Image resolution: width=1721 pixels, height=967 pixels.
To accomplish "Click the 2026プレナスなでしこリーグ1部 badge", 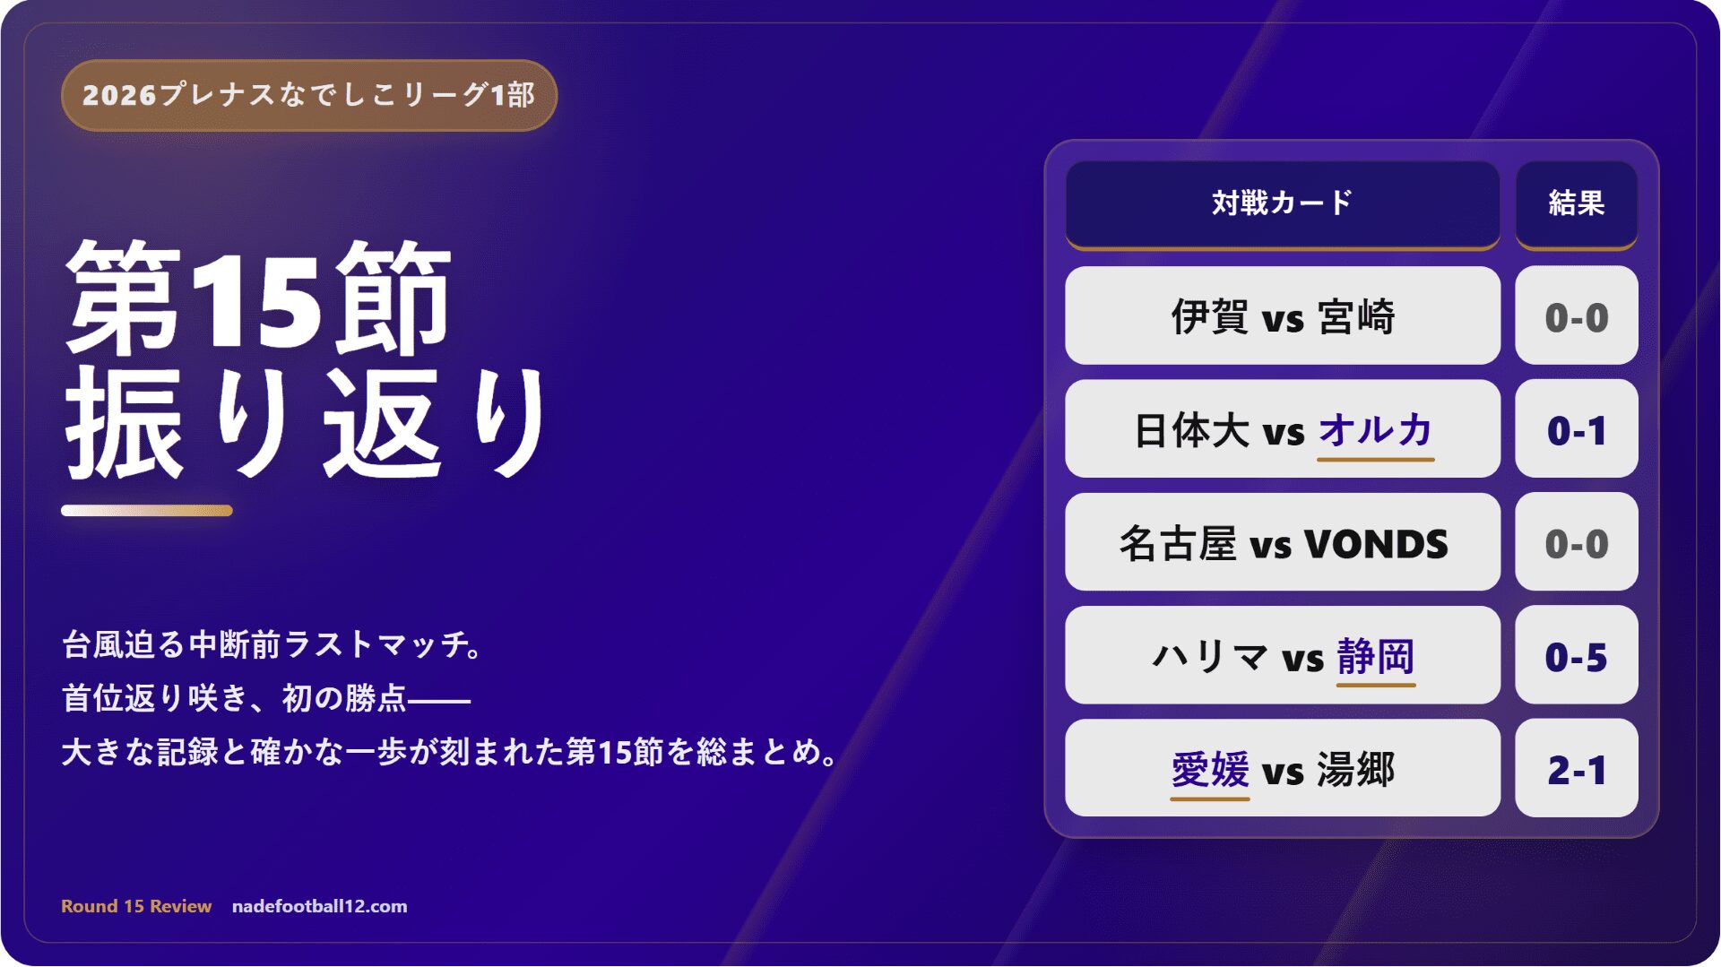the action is pos(309,95).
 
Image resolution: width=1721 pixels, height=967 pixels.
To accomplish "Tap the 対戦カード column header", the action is pos(1282,203).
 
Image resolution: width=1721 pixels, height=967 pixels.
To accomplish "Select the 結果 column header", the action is pos(1576,203).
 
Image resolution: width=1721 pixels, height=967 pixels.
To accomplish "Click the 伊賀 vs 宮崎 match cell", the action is pos(1282,315).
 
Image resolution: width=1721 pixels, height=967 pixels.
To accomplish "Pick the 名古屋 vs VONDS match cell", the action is pos(1282,542).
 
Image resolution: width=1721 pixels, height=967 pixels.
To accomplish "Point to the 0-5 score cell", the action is pos(1576,655).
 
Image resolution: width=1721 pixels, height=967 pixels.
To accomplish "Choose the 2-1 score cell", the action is pos(1576,768).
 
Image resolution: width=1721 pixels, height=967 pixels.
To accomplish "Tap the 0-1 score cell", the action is pos(1576,429).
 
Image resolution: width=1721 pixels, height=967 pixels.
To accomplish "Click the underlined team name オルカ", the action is pos(1375,430).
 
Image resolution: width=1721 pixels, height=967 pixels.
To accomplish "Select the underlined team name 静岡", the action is pos(1375,656).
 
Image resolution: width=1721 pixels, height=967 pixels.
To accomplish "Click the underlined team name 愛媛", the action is pos(1209,769).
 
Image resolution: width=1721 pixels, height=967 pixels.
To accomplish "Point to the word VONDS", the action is pos(1375,544).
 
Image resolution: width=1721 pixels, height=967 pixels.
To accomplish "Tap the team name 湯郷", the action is pos(1355,769).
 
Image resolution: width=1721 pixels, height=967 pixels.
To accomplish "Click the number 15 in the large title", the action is pos(256,299).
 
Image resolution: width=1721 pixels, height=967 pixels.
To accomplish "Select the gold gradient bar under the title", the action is pos(147,511).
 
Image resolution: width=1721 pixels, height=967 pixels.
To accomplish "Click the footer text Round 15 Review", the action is pos(136,906).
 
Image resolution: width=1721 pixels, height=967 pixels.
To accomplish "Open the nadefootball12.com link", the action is pos(319,906).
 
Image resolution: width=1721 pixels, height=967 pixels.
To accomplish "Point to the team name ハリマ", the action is pos(1210,656).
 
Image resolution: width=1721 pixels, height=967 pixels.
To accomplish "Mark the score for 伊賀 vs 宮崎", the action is pos(1576,315).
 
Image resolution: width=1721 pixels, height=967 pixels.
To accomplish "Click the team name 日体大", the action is pos(1191,430).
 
